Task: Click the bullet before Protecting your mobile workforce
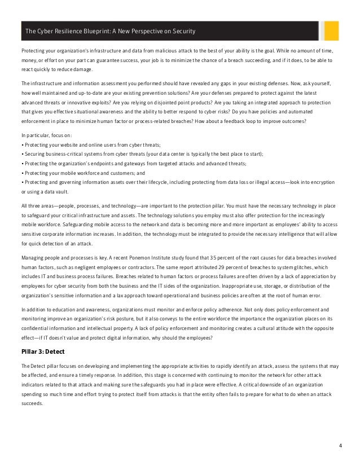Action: (21, 173)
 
